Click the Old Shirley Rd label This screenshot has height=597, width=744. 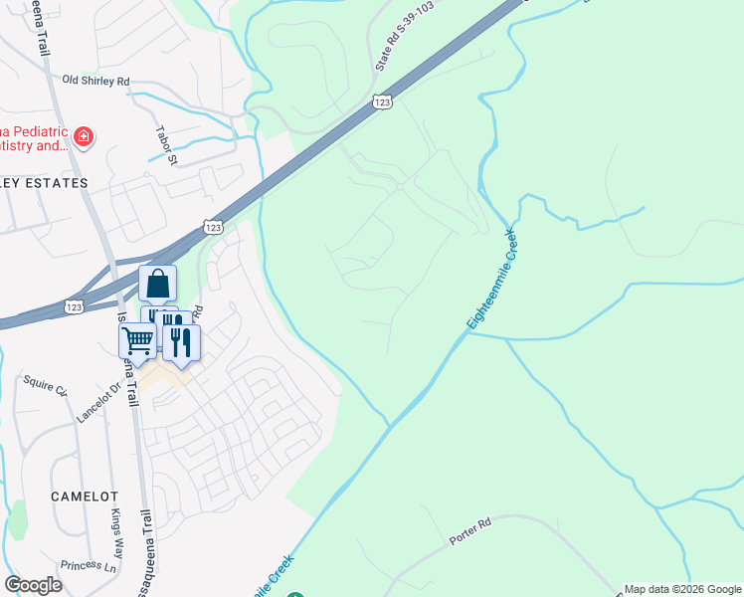pos(95,81)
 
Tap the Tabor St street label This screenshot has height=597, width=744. pos(165,144)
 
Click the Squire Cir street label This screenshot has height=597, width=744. pos(44,382)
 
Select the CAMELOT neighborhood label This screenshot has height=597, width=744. pos(87,496)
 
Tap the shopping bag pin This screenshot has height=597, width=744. pos(157,285)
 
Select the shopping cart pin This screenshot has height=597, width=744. pos(137,340)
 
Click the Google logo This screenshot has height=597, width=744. pos(33,584)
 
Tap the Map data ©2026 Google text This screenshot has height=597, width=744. pos(682,589)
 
